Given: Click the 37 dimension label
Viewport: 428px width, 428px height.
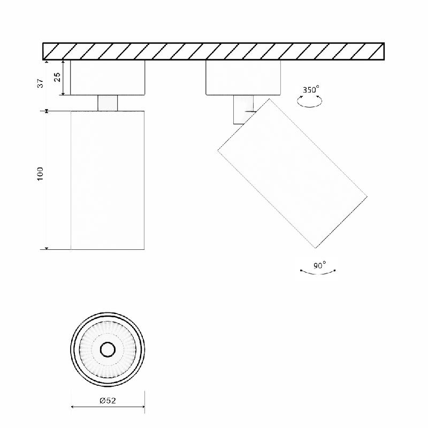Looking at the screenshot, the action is [41, 83].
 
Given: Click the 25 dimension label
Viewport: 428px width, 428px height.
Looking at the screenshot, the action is [57, 77].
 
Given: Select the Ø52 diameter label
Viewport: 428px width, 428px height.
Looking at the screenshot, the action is [108, 400].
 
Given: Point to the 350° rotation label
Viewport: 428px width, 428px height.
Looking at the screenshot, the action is [311, 89].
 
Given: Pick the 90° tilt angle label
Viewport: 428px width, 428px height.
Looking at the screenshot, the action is [319, 265].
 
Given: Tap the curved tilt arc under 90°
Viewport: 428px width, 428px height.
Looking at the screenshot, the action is [318, 273].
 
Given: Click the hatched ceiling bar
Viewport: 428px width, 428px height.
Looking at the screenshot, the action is [213, 51].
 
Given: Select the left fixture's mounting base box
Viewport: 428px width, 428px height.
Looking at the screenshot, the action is [108, 78].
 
